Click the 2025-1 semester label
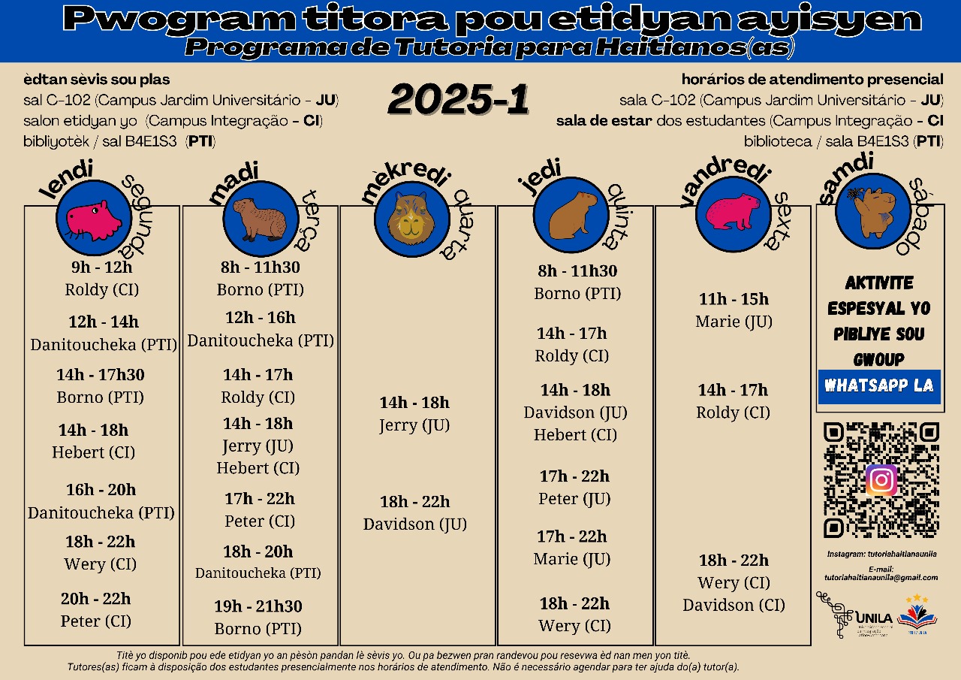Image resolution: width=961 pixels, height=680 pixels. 459,100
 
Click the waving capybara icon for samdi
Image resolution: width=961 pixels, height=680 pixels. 872,210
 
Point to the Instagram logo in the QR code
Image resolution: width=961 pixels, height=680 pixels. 881,480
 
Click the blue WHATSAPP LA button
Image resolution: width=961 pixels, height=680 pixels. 879,385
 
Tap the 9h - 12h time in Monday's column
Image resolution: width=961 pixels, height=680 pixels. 101,267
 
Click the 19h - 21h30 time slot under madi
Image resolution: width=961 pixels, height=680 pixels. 258,606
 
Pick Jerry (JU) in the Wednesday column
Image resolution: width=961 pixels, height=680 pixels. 414,425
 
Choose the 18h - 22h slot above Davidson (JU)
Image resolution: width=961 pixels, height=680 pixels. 414,501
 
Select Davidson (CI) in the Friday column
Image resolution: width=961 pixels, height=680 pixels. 734,605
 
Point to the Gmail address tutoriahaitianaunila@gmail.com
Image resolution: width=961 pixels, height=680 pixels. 881,578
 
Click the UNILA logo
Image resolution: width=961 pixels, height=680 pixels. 856,615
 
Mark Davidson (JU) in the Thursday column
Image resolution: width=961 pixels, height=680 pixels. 575,413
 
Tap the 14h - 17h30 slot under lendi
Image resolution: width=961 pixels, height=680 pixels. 101,374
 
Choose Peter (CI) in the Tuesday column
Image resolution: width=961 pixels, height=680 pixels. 260,521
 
